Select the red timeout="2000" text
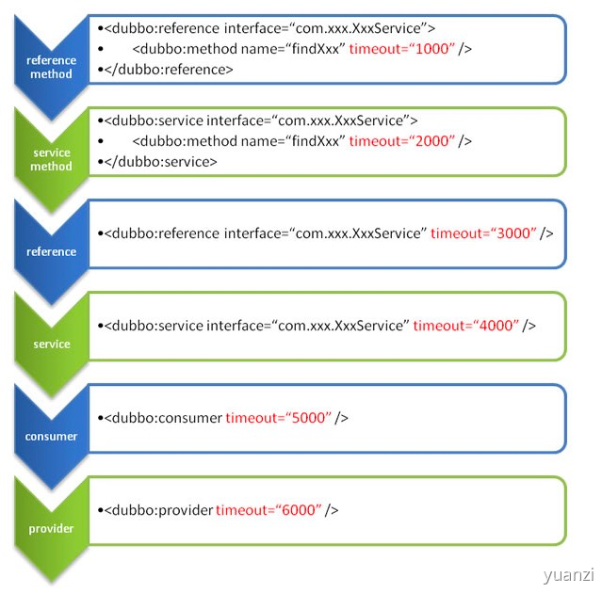point(402,141)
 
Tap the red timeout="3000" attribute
point(483,233)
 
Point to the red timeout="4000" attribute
point(466,326)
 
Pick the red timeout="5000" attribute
point(279,417)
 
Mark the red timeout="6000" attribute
point(269,510)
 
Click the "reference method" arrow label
point(51,67)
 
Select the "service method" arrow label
point(52,159)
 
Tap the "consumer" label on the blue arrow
point(52,437)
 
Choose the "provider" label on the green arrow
point(52,529)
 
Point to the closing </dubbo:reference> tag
point(169,70)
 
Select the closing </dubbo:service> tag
point(161,162)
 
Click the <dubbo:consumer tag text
point(163,417)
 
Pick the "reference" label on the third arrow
point(52,251)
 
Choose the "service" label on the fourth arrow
point(52,345)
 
